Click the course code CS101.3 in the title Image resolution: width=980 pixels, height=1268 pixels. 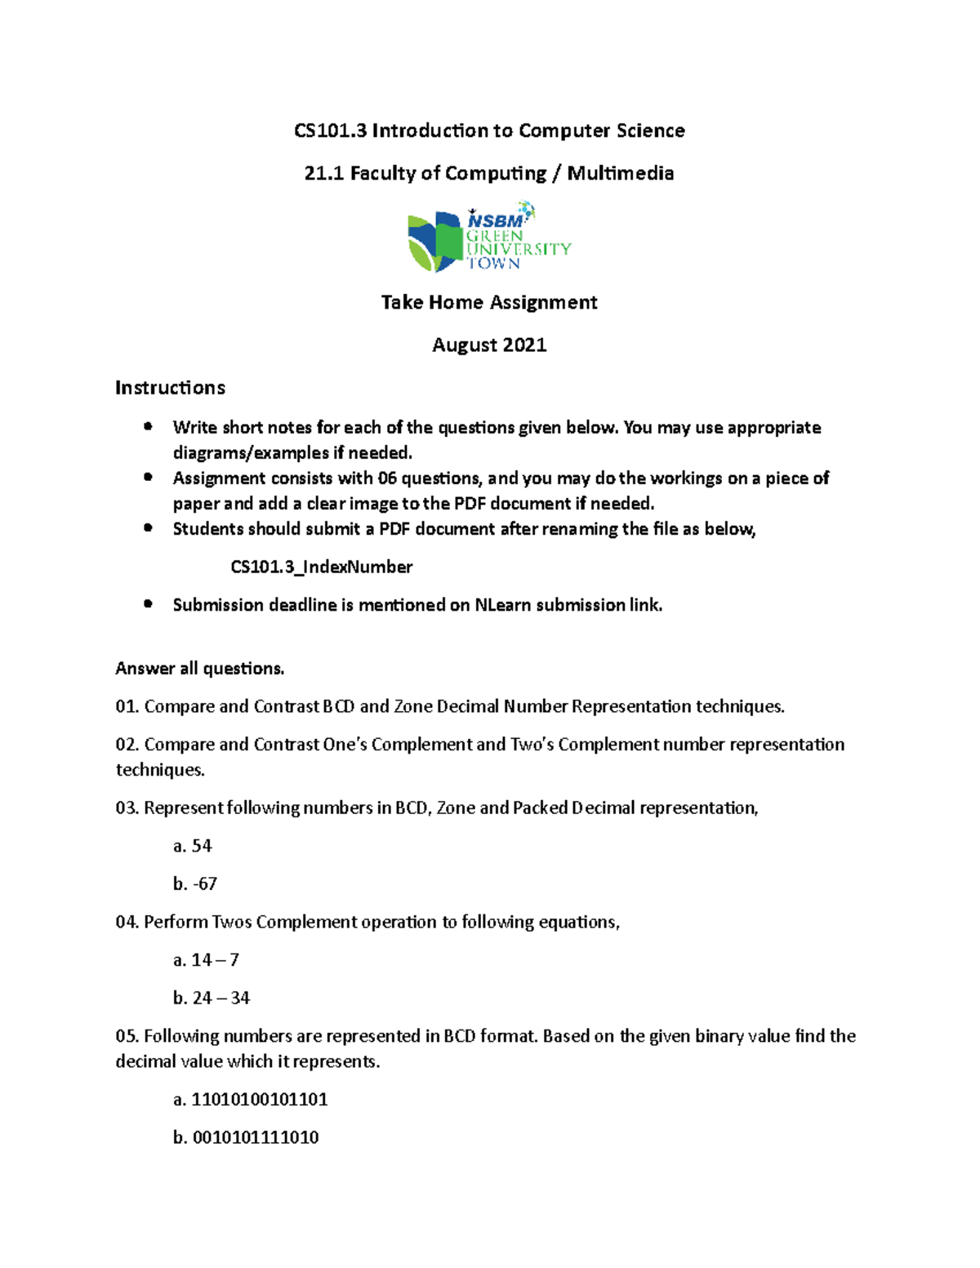coord(331,131)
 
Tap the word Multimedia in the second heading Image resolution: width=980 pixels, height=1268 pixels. coord(621,173)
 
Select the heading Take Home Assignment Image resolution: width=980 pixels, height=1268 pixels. coord(489,302)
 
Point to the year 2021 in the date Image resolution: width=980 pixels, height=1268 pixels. coord(523,345)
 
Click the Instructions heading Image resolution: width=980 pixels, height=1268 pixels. coord(170,387)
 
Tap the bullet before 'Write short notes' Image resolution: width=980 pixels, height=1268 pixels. coord(148,426)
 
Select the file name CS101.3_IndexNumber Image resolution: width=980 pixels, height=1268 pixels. coord(321,567)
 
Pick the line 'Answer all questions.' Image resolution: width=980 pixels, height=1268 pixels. coord(200,668)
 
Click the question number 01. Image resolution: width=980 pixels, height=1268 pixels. coord(127,706)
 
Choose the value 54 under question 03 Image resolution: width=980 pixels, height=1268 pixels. coord(202,846)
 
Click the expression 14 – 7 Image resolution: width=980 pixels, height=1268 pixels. coord(215,960)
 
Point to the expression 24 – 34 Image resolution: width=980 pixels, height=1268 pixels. coord(221,998)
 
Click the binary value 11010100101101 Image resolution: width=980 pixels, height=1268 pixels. coord(260,1099)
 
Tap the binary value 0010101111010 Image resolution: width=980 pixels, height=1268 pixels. coord(256,1137)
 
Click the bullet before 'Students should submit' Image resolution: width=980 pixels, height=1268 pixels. coord(148,527)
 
